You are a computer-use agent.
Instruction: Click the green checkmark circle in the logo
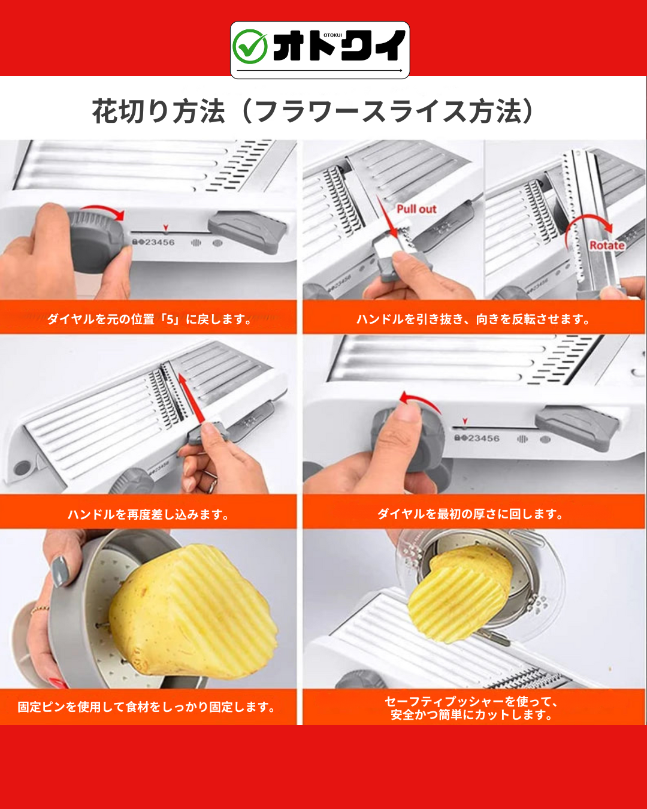[x=250, y=47]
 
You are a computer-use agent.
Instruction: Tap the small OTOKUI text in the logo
[x=332, y=35]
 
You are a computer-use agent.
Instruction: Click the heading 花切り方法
[x=159, y=111]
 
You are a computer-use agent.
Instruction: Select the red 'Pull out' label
[x=416, y=209]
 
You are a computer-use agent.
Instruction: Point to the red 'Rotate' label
[x=607, y=246]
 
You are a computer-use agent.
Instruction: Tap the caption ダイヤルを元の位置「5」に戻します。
[x=149, y=319]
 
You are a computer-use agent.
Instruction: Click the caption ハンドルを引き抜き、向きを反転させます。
[x=473, y=319]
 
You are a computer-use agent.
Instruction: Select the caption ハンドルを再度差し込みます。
[x=148, y=514]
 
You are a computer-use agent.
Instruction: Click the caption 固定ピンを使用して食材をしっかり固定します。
[x=147, y=707]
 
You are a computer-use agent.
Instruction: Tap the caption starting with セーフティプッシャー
[x=471, y=708]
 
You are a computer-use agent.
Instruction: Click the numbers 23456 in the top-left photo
[x=160, y=243]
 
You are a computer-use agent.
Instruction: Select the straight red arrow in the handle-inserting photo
[x=191, y=398]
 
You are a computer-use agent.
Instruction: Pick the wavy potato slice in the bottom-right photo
[x=460, y=595]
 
